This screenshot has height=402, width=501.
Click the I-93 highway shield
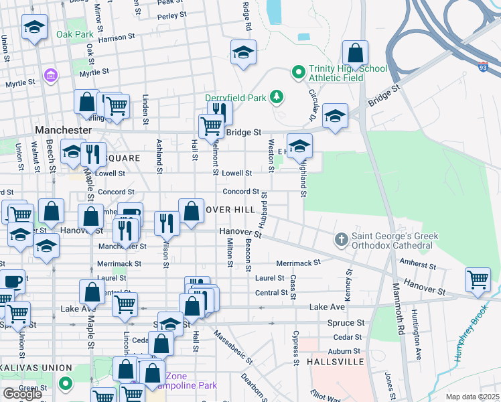coord(483,67)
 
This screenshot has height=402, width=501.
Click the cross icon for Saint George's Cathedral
coord(341,239)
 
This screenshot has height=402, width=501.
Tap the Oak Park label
coord(74,34)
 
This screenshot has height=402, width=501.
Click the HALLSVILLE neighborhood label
coord(334,362)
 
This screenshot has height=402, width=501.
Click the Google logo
coord(21,394)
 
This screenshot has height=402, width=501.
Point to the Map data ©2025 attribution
coord(472,397)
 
